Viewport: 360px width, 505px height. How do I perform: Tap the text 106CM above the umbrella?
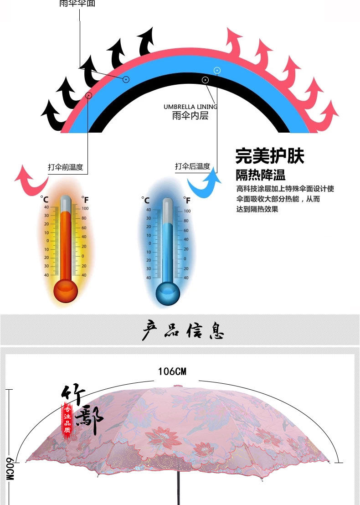point(172,371)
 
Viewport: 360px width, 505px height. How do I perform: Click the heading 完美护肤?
point(270,156)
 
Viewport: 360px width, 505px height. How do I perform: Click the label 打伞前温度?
point(66,167)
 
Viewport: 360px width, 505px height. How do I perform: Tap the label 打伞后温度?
point(192,166)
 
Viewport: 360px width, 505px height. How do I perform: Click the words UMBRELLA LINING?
point(190,107)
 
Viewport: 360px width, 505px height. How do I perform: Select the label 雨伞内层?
point(190,116)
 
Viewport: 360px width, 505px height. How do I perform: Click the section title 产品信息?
point(182,330)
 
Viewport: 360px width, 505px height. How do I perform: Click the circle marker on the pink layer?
point(89,95)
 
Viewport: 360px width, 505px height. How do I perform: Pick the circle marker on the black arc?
point(206,80)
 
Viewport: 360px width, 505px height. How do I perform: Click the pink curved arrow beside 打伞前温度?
point(31,180)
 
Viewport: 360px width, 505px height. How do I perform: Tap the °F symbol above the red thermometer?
point(85,199)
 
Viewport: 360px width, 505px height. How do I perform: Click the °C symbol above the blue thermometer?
point(145,200)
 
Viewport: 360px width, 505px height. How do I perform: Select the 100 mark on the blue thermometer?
point(187,211)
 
